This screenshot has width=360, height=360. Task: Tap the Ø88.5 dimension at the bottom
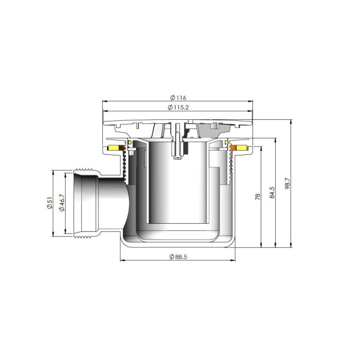(x=177, y=257)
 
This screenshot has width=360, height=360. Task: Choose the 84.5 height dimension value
(x=272, y=192)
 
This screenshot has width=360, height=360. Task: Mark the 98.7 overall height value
(x=287, y=183)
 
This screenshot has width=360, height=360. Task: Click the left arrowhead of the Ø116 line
(x=105, y=102)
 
